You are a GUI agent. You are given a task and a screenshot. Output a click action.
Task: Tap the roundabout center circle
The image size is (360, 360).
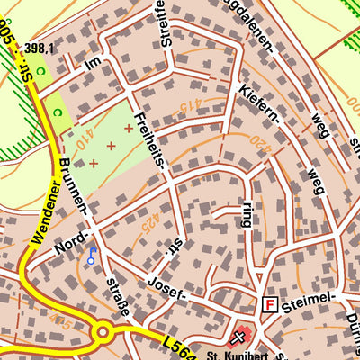pos(102,333)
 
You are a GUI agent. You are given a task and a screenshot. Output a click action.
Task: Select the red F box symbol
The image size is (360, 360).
pos(268,305)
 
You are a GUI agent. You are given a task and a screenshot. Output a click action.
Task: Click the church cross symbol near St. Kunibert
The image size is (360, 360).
pos(238,338)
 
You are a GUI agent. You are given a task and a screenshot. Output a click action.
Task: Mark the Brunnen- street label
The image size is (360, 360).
pos(76,188)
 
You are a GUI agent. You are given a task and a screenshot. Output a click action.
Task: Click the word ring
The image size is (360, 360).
pos(247,215)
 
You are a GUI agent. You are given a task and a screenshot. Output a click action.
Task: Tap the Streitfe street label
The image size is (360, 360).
pos(165,27)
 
